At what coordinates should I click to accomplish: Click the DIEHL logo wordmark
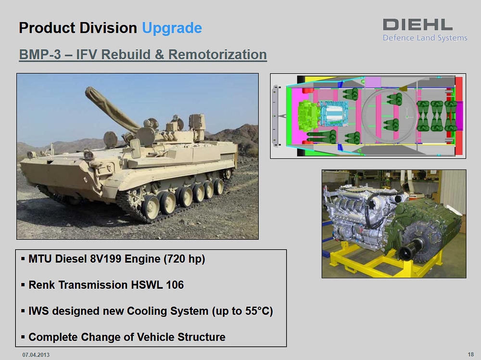[418, 25]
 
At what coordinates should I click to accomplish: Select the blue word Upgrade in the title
[172, 28]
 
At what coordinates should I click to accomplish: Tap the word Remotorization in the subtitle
[217, 55]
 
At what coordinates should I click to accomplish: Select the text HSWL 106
[157, 285]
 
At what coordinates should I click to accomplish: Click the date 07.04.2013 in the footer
[36, 355]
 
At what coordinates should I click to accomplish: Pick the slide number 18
[470, 355]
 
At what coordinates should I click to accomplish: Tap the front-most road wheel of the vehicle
[151, 207]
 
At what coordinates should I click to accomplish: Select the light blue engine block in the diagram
[333, 114]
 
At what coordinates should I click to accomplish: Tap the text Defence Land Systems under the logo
[425, 38]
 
